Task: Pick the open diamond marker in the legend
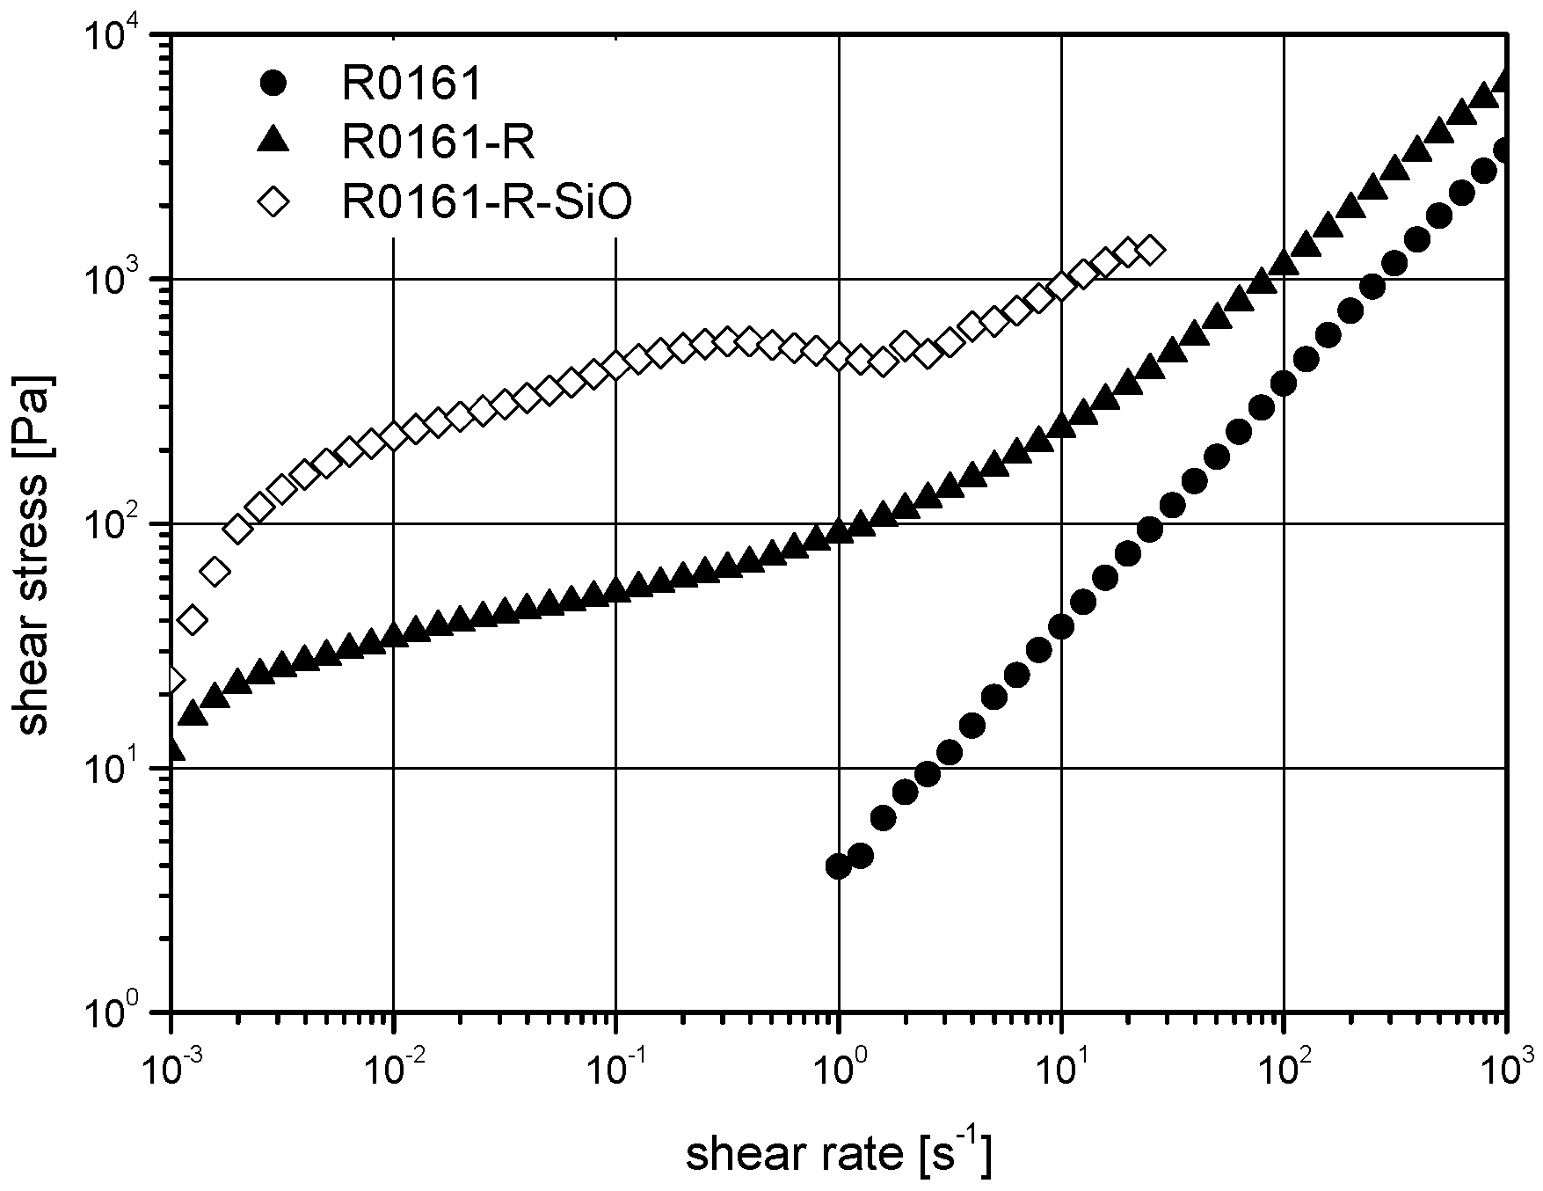[275, 202]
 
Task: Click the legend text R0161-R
[438, 142]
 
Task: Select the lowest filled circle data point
[838, 866]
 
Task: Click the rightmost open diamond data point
[1151, 251]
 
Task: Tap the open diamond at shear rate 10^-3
[172, 679]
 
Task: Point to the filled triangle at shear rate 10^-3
[173, 749]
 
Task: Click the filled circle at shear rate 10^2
[1284, 384]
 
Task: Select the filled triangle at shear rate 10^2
[1284, 261]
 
